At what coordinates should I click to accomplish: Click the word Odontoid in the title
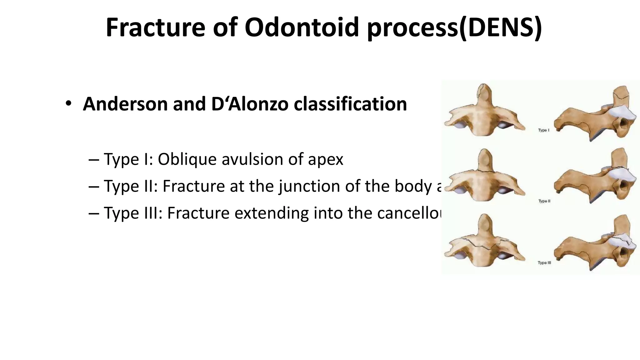pyautogui.click(x=302, y=27)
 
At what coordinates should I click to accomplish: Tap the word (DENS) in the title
pyautogui.click(x=500, y=27)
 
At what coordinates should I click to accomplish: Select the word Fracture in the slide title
pyautogui.click(x=155, y=27)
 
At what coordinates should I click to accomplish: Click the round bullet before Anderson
pyautogui.click(x=68, y=104)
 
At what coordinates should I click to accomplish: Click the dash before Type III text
pyautogui.click(x=93, y=214)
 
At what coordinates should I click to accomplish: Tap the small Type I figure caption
pyautogui.click(x=543, y=130)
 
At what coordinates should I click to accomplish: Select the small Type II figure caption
pyautogui.click(x=544, y=201)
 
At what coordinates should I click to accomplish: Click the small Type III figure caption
pyautogui.click(x=544, y=263)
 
